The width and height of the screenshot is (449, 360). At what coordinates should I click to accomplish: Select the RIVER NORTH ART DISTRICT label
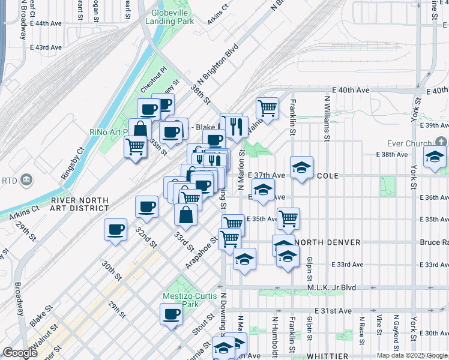pyautogui.click(x=80, y=205)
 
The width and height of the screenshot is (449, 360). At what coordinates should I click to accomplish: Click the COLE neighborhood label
pyautogui.click(x=333, y=176)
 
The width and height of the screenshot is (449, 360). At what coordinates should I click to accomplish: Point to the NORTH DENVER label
pyautogui.click(x=327, y=242)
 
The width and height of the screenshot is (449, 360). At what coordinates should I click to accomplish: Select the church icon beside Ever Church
pyautogui.click(x=441, y=142)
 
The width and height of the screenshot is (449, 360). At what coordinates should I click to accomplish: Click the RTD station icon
pyautogui.click(x=26, y=179)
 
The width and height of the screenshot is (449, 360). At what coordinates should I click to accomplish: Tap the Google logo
pyautogui.click(x=20, y=353)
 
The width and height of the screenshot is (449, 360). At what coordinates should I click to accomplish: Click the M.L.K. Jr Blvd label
pyautogui.click(x=331, y=287)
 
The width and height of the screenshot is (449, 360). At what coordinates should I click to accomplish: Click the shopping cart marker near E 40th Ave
pyautogui.click(x=267, y=109)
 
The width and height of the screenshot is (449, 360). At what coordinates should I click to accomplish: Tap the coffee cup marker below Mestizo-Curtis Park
pyautogui.click(x=172, y=314)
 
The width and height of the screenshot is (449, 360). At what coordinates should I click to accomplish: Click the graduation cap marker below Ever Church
pyautogui.click(x=434, y=158)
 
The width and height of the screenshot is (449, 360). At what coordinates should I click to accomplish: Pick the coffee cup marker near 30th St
pyautogui.click(x=116, y=229)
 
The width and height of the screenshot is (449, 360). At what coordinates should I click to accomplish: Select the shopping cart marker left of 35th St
pyautogui.click(x=136, y=146)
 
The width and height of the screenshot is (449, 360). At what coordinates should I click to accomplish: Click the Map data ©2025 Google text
pyautogui.click(x=412, y=355)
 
